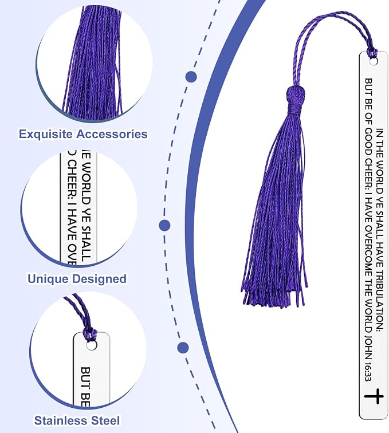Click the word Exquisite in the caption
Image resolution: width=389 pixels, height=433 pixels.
click(46, 135)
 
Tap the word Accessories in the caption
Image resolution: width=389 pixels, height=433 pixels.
click(112, 134)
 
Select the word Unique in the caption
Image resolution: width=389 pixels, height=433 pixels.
click(47, 279)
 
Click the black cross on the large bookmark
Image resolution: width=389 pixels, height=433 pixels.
click(374, 396)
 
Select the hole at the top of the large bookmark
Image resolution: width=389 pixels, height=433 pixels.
click(374, 62)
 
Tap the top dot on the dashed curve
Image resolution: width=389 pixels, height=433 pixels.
click(191, 77)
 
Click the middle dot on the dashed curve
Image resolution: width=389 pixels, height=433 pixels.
click(164, 225)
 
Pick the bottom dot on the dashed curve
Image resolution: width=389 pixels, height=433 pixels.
click(183, 348)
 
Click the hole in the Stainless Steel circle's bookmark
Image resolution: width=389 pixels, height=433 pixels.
click(91, 345)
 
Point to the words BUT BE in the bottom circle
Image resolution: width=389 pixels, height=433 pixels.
click(85, 387)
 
